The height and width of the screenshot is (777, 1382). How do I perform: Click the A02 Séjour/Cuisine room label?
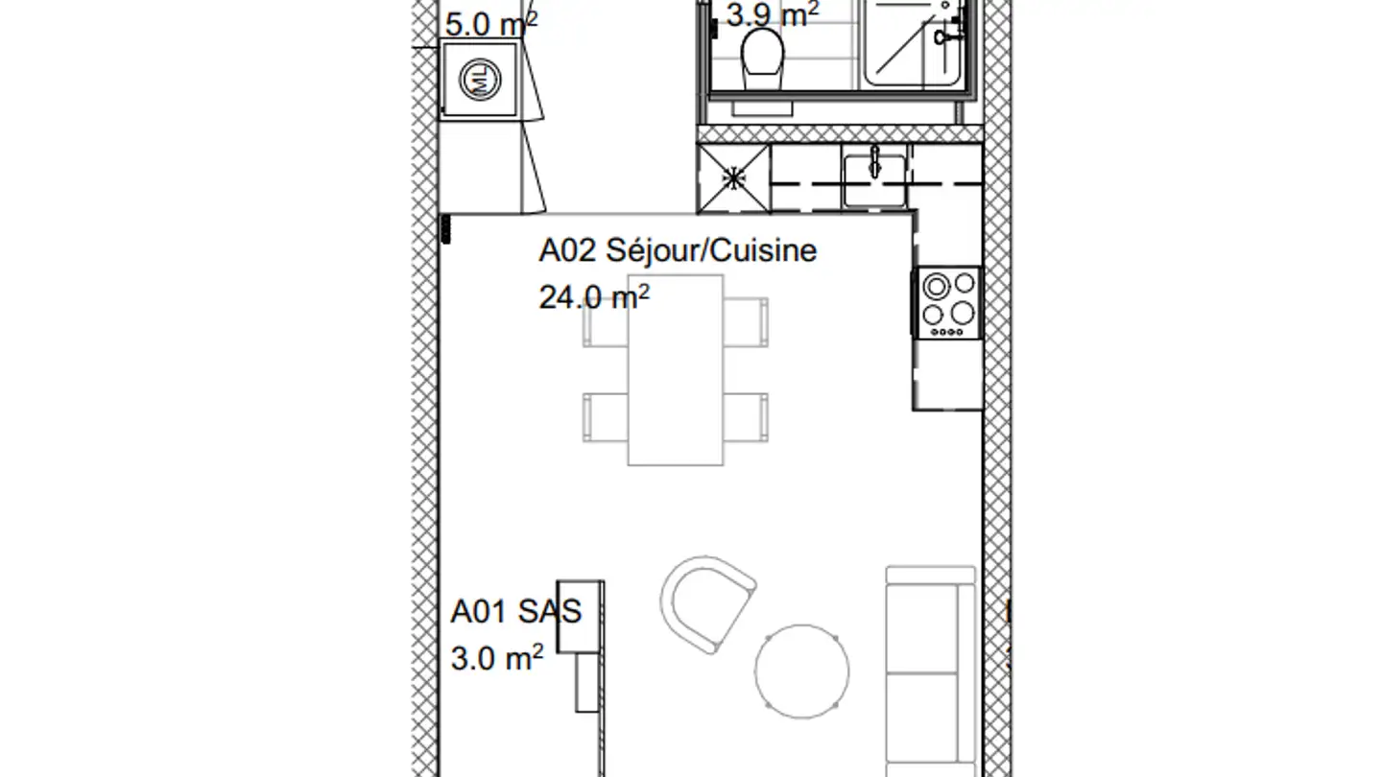pyautogui.click(x=678, y=251)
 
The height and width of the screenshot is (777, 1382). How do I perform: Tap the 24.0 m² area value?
pyautogui.click(x=594, y=297)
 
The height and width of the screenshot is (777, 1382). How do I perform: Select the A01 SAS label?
pyautogui.click(x=515, y=612)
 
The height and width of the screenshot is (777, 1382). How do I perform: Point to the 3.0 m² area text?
pyautogui.click(x=496, y=659)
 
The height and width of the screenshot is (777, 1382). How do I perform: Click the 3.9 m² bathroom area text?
pyautogui.click(x=772, y=14)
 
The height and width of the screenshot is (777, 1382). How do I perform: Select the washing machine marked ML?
pyautogui.click(x=479, y=80)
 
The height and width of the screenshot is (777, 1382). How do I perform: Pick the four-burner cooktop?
pyautogui.click(x=949, y=303)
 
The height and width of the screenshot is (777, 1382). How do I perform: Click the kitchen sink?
pyautogui.click(x=874, y=177)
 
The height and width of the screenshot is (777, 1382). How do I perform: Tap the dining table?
pyautogui.click(x=676, y=370)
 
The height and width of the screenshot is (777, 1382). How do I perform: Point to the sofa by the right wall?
pyautogui.click(x=929, y=671)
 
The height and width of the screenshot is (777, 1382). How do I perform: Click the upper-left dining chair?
pyautogui.click(x=606, y=321)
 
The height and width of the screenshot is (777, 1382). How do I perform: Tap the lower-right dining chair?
pyautogui.click(x=746, y=416)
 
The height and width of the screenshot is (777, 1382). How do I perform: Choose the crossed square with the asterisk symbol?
pyautogui.click(x=733, y=178)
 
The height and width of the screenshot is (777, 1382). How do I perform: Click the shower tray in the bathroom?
pyautogui.click(x=917, y=43)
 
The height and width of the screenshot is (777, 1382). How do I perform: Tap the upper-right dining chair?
pyautogui.click(x=746, y=321)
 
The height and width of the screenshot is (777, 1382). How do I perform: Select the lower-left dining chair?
pyautogui.click(x=606, y=416)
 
